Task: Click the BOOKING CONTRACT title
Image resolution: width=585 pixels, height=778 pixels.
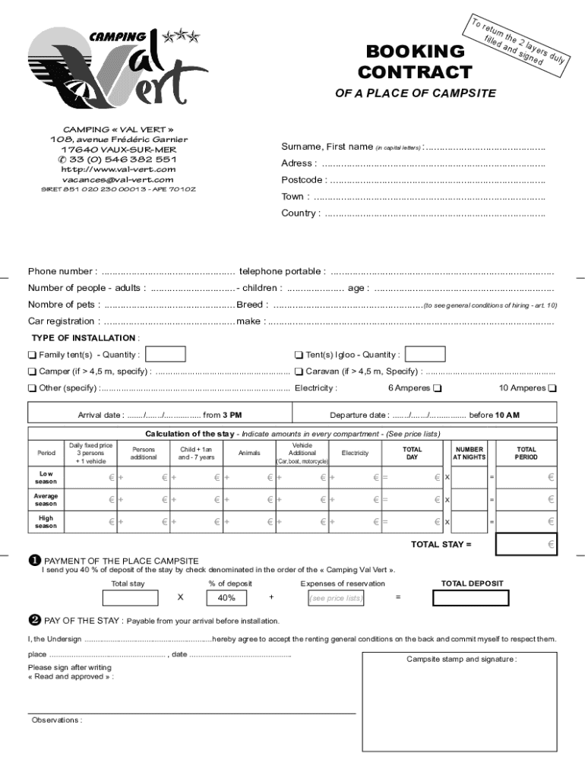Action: pyautogui.click(x=415, y=62)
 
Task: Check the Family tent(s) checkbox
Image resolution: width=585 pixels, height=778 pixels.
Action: pyautogui.click(x=32, y=355)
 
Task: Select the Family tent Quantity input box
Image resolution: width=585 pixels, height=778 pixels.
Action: pyautogui.click(x=166, y=354)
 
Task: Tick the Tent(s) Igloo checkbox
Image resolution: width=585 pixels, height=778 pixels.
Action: pyautogui.click(x=299, y=355)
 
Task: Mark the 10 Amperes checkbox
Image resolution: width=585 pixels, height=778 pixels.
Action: pyautogui.click(x=552, y=388)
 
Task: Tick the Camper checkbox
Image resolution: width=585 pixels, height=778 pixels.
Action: pyautogui.click(x=32, y=372)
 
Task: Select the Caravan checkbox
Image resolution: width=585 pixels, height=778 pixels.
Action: pyautogui.click(x=299, y=372)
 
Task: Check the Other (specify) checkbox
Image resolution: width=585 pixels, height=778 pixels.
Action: pyautogui.click(x=32, y=388)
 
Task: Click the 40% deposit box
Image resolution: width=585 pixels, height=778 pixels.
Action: pyautogui.click(x=226, y=598)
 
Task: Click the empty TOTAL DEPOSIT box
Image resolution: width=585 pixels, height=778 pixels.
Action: pyautogui.click(x=470, y=598)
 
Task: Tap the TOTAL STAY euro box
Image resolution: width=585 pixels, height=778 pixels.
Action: pyautogui.click(x=526, y=544)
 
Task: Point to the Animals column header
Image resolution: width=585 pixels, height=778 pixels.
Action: pyautogui.click(x=249, y=454)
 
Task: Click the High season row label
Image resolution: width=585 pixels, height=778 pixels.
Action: pyautogui.click(x=46, y=523)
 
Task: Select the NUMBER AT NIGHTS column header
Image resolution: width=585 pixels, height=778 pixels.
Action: pyautogui.click(x=470, y=454)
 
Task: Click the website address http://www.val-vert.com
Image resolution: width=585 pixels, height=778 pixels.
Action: pyautogui.click(x=118, y=169)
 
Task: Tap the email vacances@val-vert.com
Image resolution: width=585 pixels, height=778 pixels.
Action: pyautogui.click(x=118, y=179)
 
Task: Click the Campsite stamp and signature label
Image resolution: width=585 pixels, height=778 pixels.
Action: pyautogui.click(x=461, y=659)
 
